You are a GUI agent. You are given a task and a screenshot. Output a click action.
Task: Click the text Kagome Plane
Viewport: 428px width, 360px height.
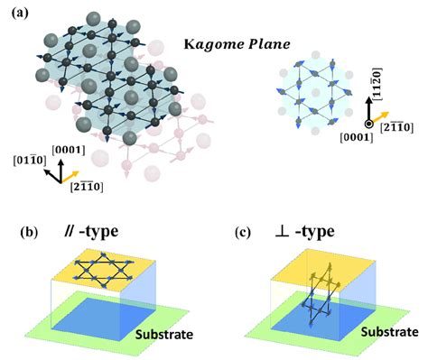coord(227,42)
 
